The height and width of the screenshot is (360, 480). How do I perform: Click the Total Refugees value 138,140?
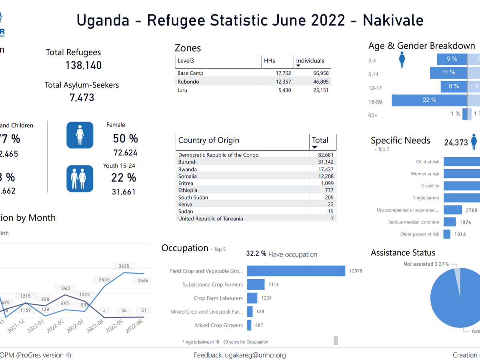84,65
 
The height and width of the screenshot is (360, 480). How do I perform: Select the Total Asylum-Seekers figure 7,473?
82,97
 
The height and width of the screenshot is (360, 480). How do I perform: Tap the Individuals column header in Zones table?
310,61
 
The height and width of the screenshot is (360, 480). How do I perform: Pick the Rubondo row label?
188,82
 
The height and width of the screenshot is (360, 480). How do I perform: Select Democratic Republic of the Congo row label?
218,155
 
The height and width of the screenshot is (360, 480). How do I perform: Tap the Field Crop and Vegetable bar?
296,271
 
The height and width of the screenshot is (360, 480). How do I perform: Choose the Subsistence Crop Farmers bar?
256,284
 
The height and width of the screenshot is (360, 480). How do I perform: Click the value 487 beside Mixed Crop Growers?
259,325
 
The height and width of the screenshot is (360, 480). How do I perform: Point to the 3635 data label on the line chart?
124,266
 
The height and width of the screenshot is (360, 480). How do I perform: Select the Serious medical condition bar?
450,222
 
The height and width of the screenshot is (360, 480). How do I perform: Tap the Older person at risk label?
420,234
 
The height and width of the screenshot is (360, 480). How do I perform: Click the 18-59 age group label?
375,102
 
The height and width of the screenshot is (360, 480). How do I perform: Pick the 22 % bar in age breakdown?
429,100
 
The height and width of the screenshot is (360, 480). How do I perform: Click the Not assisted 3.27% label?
426,264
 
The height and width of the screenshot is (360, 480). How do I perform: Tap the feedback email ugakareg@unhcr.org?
240,355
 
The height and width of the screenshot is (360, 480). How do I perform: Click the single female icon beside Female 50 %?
80,135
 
